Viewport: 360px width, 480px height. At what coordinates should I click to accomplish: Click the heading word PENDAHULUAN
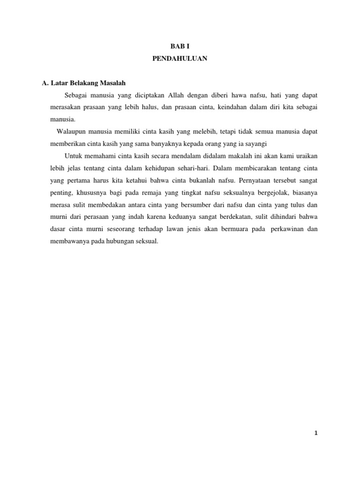pyautogui.click(x=180, y=59)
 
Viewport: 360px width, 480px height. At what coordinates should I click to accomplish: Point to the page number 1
pyautogui.click(x=316, y=433)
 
